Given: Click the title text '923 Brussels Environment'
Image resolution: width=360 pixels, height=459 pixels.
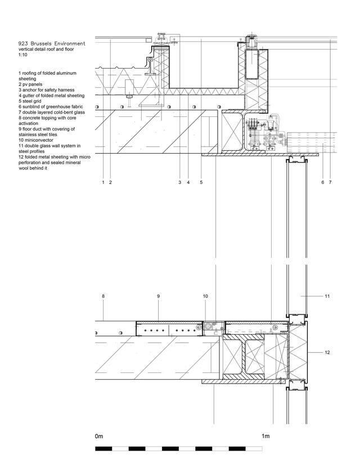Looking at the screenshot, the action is point(52,44).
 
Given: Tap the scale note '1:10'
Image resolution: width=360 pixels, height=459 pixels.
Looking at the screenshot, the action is point(23,55).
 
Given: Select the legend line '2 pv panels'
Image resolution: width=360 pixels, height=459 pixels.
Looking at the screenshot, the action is point(30,84).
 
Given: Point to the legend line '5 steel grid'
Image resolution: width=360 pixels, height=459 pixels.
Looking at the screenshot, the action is point(30,101).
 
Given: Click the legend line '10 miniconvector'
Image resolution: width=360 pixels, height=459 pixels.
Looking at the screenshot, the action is point(36,140).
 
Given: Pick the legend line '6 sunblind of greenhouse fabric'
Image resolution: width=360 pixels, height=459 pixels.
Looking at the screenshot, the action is point(51,107).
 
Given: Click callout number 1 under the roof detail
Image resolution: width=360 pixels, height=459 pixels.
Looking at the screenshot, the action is point(103,182).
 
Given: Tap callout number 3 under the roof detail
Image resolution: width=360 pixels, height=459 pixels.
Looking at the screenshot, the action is point(179,182).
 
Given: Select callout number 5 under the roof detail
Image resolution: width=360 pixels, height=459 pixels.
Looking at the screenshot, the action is point(201,182).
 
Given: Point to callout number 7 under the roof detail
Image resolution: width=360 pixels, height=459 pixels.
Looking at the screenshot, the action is point(330,182).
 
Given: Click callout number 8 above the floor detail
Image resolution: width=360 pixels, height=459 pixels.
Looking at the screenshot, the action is point(103,296).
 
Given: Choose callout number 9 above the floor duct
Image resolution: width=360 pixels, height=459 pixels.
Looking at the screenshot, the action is point(158,296).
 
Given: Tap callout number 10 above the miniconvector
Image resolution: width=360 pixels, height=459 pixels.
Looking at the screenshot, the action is point(205,296).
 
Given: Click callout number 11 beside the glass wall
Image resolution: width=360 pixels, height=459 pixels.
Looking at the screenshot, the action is point(327,296).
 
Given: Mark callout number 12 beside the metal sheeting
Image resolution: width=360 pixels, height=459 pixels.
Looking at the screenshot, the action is point(327,353).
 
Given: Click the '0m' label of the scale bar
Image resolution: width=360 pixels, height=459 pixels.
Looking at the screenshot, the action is point(99,436).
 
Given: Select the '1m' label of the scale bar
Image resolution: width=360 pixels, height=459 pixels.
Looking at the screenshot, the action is point(265,436).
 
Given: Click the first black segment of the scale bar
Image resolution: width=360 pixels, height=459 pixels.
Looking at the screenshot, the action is point(103,448).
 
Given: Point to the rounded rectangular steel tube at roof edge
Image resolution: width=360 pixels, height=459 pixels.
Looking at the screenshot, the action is point(252,64).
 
